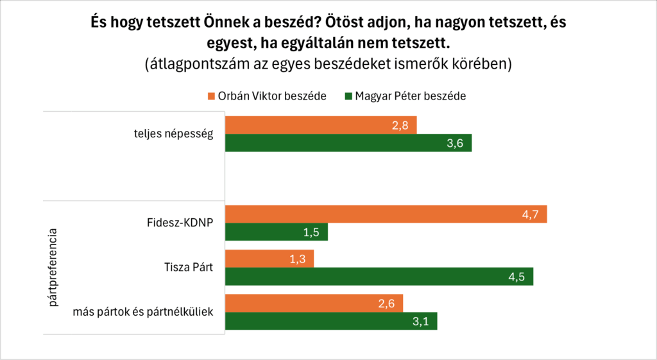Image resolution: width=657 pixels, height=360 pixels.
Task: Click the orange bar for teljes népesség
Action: click(321, 125)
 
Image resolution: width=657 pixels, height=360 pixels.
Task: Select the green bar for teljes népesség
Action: click(348, 143)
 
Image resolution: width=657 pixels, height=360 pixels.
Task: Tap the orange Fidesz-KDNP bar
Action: click(385, 214)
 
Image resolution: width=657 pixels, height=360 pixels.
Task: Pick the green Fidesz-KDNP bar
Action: click(277, 232)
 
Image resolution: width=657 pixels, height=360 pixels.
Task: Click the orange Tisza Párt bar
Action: click(269, 259)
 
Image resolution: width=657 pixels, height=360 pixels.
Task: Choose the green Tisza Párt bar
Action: click(379, 277)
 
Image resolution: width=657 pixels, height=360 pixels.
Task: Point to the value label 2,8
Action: click(401, 126)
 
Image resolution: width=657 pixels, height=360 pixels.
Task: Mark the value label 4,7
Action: click(531, 215)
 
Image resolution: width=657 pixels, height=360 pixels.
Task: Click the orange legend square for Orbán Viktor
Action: click(211, 96)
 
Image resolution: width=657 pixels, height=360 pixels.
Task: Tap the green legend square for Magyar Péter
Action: click(348, 96)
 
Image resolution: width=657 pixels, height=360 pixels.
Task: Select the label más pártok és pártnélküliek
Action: click(144, 313)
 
